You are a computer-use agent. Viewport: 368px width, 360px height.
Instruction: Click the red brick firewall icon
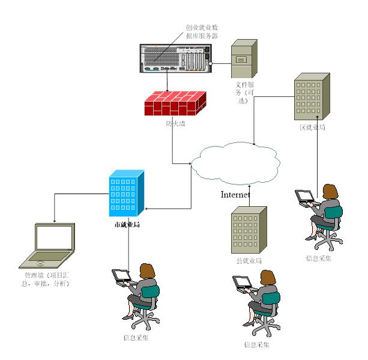[x=172, y=103]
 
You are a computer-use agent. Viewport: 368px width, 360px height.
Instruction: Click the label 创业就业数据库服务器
[x=202, y=32]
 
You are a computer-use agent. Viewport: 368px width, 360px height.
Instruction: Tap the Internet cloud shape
[x=237, y=163]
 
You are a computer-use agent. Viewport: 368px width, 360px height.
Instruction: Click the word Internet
[x=236, y=194]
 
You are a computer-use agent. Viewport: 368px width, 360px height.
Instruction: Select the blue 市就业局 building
[x=127, y=193]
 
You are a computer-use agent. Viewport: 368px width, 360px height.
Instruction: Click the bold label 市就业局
[x=127, y=225]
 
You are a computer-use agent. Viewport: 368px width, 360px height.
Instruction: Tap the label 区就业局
[x=312, y=127]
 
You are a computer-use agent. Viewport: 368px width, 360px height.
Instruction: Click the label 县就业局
[x=249, y=261]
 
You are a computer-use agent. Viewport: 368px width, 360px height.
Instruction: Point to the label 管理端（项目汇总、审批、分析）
[x=44, y=279]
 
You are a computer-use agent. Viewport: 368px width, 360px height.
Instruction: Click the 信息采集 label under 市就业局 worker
[x=136, y=337]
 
